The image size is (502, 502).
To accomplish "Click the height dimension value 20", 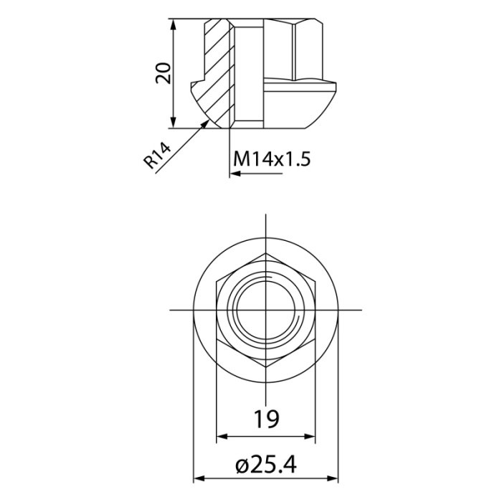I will tap(164, 73).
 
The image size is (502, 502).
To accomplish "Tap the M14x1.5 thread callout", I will tap(272, 158).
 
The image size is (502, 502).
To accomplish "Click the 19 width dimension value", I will tap(266, 417).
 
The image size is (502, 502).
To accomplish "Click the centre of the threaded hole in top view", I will tap(266, 310).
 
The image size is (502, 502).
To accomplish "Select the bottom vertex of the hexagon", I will tap(266, 366).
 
